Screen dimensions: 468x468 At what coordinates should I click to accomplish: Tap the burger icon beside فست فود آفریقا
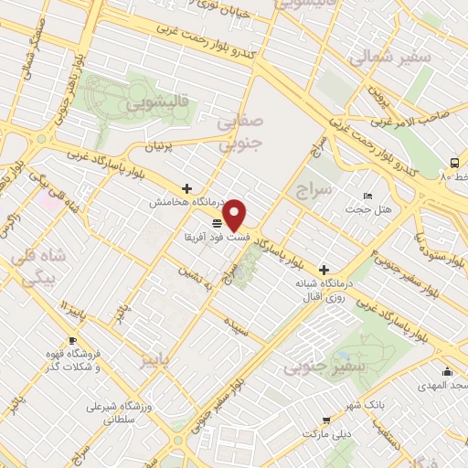[x=217, y=223]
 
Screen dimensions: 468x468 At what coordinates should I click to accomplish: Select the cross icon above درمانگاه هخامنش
[x=187, y=188]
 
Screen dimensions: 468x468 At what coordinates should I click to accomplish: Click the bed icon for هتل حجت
[x=367, y=197]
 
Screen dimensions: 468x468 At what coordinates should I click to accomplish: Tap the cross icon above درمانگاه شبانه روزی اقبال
[x=324, y=270]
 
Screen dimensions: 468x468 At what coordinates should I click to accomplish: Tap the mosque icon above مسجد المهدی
[x=447, y=371]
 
